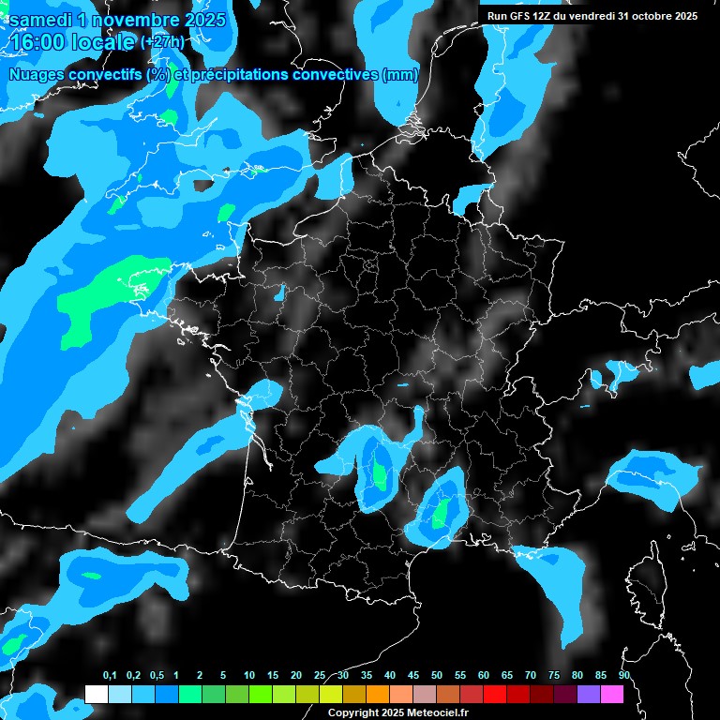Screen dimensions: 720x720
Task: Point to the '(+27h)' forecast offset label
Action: pos(162,42)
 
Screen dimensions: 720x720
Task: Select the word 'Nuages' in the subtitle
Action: pos(37,75)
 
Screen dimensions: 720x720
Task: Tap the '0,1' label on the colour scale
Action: pos(110,675)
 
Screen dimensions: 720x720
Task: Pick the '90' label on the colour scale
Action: pos(623,675)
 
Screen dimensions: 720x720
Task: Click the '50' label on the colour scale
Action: pos(437,675)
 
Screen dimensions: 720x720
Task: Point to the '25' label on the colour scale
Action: pos(320,675)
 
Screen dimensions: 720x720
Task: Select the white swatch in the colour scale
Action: pos(96,694)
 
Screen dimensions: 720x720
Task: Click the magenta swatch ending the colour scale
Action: pos(612,694)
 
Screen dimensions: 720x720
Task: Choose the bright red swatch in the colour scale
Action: pos(495,694)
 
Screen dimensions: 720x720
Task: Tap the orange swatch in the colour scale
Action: pos(378,694)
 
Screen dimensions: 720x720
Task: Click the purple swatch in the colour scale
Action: pos(589,694)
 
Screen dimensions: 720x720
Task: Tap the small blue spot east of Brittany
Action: pos(279,292)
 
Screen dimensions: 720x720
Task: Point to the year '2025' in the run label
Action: pos(681,16)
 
